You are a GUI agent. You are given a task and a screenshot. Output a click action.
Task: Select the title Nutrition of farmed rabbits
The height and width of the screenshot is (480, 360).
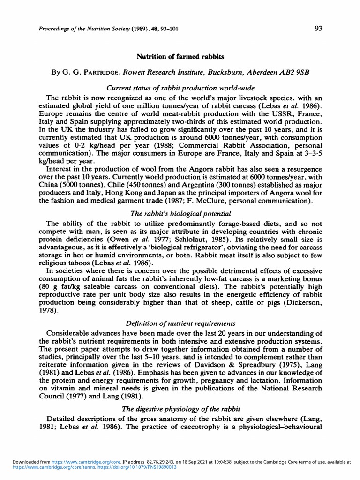click(x=180, y=57)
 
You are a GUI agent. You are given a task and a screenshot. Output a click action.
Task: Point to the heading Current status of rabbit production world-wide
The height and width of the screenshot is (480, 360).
click(x=180, y=88)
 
